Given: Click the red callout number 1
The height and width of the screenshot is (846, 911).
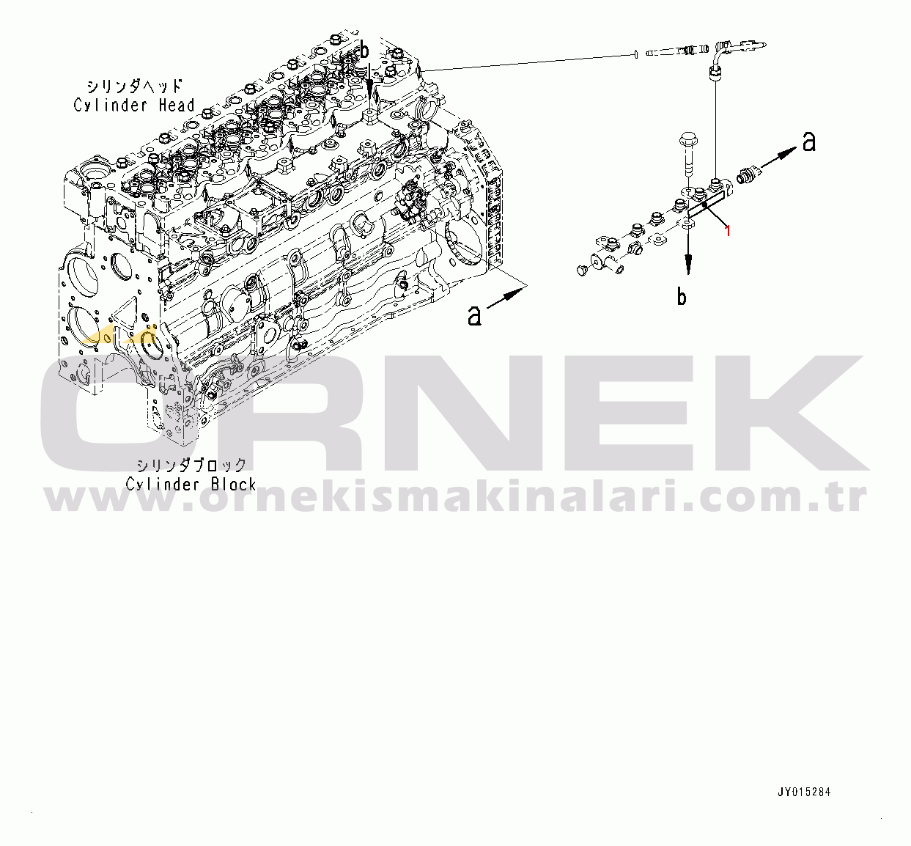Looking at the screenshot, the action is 728,230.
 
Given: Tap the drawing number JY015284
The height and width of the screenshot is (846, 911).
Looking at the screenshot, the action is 804,792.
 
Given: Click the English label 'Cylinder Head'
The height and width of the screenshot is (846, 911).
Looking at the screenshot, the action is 134,105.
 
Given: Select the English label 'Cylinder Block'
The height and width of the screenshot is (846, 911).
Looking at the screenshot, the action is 191,485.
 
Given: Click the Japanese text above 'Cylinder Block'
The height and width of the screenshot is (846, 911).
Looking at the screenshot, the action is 192,465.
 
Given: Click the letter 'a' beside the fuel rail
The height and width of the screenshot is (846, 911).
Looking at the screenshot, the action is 809,141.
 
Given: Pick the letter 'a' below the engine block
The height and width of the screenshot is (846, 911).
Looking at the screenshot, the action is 474,316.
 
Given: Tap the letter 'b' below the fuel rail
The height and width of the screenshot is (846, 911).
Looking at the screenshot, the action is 682,297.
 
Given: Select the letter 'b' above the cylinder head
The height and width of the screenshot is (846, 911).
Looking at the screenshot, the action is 364,50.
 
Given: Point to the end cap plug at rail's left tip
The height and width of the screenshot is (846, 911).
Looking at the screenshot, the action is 582,271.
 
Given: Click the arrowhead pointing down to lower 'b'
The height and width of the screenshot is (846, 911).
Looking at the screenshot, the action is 688,265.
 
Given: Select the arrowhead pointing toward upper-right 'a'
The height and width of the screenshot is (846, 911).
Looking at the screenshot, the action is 789,152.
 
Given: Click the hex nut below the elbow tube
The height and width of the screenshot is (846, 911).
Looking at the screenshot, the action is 715,73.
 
